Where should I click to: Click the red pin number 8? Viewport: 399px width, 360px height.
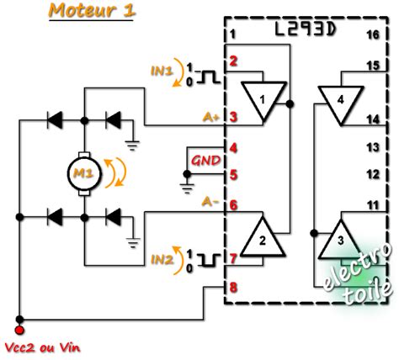(232, 288)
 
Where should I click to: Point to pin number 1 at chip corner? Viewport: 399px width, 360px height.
(233, 34)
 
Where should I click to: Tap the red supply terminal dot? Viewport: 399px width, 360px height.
(19, 319)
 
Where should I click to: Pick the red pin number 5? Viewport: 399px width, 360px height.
(232, 176)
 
